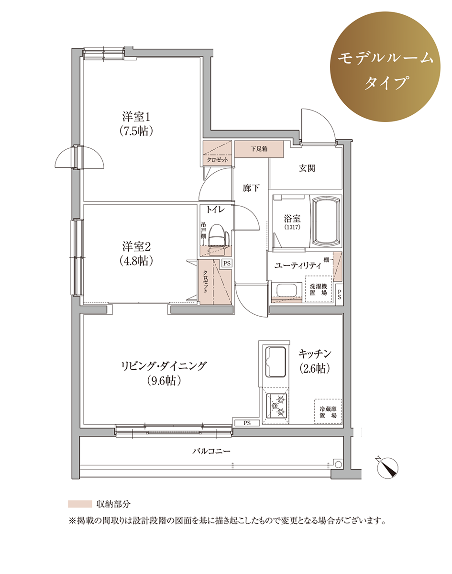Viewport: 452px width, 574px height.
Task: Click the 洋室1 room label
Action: pos(136,117)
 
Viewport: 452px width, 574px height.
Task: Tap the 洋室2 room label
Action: pos(136,246)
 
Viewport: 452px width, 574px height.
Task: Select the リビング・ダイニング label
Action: pos(164,366)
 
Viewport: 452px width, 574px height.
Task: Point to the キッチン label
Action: pos(315,353)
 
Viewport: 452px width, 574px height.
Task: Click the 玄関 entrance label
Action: pos(307,168)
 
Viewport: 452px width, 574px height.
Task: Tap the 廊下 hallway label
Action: pos(251,188)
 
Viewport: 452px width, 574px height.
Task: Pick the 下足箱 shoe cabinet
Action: pos(259,149)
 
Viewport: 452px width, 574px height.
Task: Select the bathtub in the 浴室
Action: pos(327,221)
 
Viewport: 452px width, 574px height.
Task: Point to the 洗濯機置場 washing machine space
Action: pos(319,289)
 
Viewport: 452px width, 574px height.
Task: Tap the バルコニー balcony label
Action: pos(211,451)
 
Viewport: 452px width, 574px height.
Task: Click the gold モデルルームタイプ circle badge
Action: pos(386,66)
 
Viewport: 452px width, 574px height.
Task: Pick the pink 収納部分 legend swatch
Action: pos(80,504)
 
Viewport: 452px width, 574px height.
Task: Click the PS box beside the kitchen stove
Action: pos(247,423)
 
